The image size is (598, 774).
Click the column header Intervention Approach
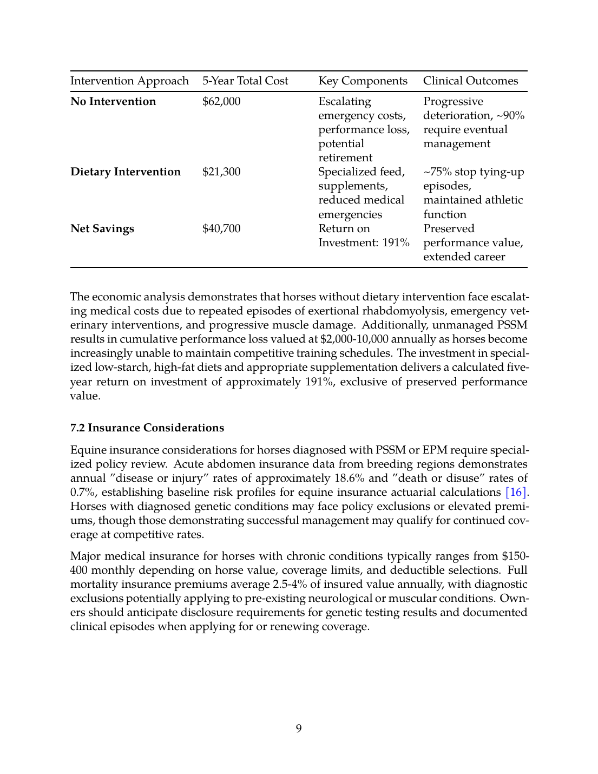[129, 81]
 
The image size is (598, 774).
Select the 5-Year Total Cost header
[245, 81]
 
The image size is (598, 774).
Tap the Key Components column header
[363, 81]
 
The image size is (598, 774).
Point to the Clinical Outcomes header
[470, 81]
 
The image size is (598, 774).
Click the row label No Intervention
[113, 102]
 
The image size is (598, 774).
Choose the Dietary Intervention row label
[126, 172]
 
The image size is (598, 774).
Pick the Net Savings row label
[102, 229]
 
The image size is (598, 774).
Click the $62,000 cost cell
[221, 102]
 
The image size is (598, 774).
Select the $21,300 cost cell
[221, 172]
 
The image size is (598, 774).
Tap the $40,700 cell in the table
[221, 229]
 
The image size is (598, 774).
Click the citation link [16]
[516, 493]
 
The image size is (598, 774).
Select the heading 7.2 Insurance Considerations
[147, 428]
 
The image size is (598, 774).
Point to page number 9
[299, 729]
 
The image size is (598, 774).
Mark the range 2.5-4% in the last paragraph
[290, 585]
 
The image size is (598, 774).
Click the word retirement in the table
[345, 158]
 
